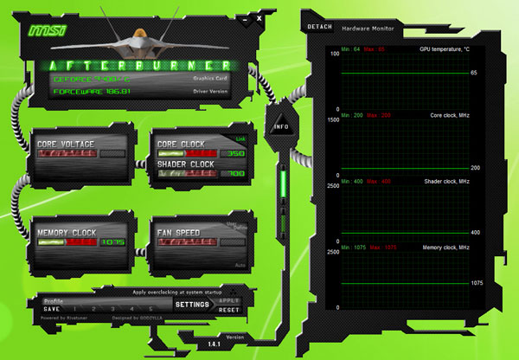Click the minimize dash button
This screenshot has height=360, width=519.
point(247,16)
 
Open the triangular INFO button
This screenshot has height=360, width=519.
point(281,126)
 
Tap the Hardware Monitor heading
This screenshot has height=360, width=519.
point(367,29)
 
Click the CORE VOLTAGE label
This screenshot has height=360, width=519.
point(65,144)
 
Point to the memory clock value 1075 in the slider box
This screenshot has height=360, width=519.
point(112,242)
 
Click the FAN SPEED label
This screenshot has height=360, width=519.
point(179,233)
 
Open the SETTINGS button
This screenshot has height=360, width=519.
point(192,305)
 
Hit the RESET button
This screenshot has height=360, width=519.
point(228,309)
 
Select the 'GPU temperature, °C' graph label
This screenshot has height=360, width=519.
point(444,49)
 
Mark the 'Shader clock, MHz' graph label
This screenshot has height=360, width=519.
point(446,181)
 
